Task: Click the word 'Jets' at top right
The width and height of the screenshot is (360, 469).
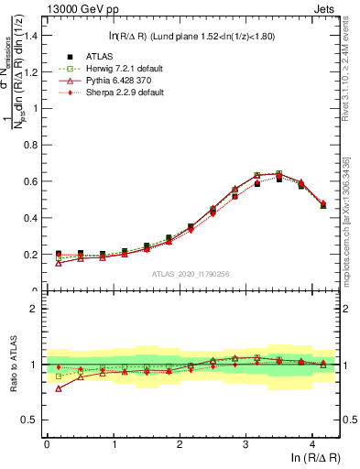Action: [325, 8]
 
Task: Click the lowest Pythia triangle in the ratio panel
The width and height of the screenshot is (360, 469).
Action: [59, 388]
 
